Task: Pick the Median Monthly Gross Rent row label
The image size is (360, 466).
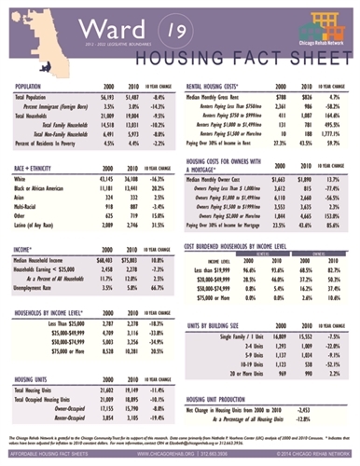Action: tap(222, 97)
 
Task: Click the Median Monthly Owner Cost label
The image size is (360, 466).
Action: tap(224, 176)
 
